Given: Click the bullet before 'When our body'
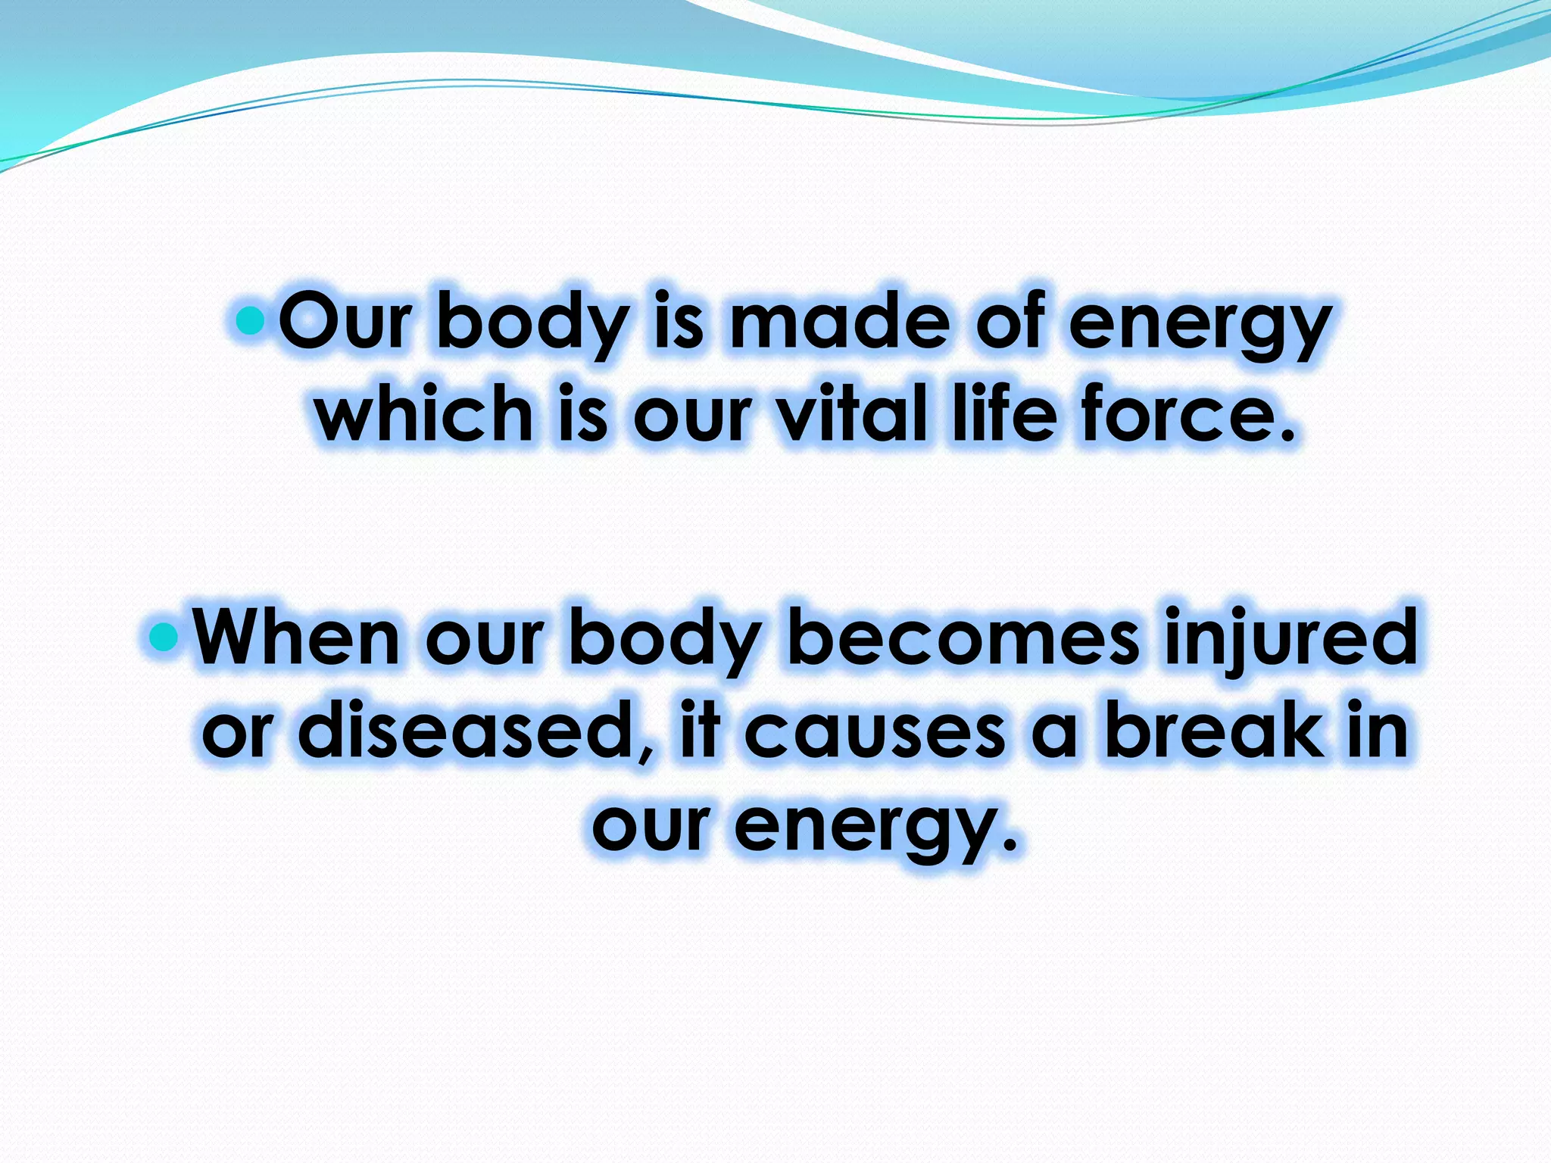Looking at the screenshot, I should pos(164,639).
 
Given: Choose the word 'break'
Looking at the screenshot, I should pos(1215,731).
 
